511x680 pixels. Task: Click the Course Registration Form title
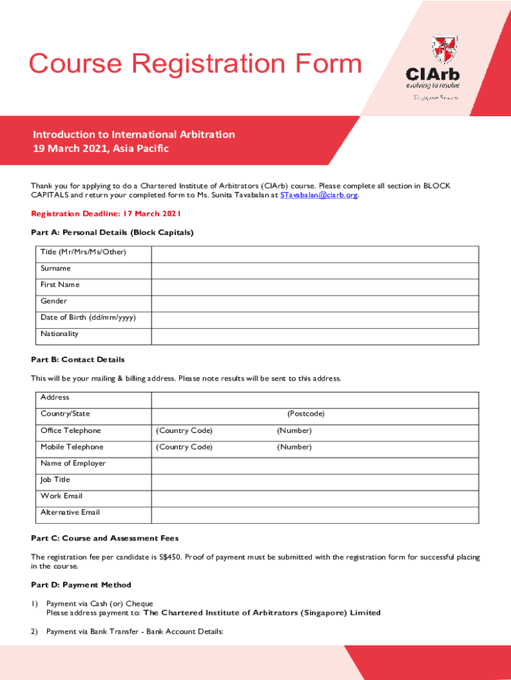click(195, 64)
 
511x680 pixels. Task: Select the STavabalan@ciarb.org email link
click(319, 195)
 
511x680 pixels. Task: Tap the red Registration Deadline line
click(106, 214)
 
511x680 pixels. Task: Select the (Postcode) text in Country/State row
click(306, 414)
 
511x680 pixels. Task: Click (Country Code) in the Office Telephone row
click(184, 430)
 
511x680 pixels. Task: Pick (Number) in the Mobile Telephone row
click(294, 447)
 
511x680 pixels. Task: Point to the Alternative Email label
click(70, 512)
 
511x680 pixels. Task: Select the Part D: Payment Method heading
click(81, 585)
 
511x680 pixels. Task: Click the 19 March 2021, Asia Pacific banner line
click(101, 148)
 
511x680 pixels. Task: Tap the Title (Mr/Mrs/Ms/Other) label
click(83, 252)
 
